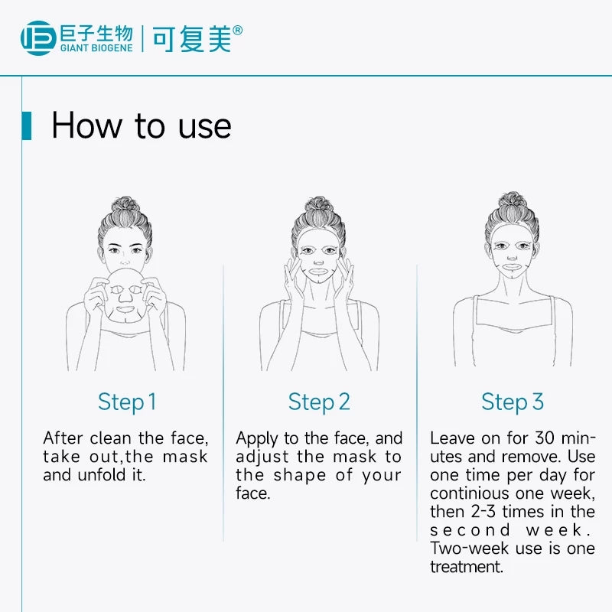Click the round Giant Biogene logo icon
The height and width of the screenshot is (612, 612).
[37, 37]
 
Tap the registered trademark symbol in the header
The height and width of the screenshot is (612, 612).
[237, 30]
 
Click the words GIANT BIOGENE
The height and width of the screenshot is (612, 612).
[96, 48]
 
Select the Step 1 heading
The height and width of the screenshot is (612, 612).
[127, 402]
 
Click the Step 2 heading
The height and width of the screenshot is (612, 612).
[319, 402]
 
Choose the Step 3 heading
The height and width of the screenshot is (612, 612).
[512, 402]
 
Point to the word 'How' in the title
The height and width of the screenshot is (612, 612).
[86, 125]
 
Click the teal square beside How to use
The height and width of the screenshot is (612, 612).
[27, 125]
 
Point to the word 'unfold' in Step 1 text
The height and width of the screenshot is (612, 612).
[102, 475]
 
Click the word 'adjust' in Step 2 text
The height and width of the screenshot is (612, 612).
[262, 457]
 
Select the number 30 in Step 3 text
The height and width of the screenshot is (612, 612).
[545, 438]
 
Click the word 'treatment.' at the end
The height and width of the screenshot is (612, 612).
[467, 567]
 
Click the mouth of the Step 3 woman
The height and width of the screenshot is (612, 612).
[512, 267]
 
